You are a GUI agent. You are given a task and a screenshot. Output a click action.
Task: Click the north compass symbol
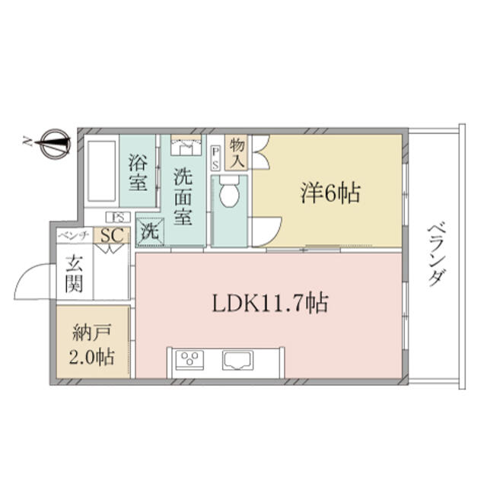pos(56,144)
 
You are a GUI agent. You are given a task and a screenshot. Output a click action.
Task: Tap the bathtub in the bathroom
pos(102,171)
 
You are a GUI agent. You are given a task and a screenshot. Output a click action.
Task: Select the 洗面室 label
pos(183,196)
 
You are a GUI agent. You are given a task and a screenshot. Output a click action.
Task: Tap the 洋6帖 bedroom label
pos(330,193)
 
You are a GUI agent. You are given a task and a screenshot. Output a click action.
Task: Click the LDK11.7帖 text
pos(270,303)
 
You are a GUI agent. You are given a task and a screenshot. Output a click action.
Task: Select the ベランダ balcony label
pos(437,254)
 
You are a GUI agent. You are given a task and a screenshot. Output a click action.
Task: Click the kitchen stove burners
pos(189,360)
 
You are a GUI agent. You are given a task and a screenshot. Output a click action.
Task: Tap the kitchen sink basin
pos(237,360)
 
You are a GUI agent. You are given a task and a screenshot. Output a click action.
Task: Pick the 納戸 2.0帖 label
pos(92,345)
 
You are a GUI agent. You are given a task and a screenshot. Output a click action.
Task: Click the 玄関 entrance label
pos(75,274)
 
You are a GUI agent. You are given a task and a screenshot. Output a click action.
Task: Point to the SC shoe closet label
pos(112,235)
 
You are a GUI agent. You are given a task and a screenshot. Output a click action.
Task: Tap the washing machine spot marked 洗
pos(151,231)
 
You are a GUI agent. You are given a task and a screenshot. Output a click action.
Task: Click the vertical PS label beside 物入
pos(215,158)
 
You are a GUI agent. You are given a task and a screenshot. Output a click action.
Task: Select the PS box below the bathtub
pos(118,217)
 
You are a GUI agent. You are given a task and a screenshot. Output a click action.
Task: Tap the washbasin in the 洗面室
pos(186,147)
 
